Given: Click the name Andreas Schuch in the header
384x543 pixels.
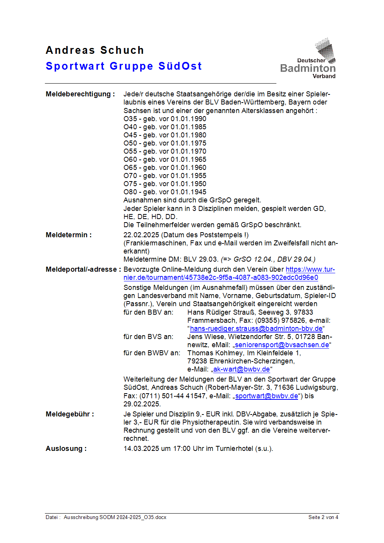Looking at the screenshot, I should (x=95, y=50).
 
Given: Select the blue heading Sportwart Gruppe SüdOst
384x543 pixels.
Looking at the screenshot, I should (x=123, y=66).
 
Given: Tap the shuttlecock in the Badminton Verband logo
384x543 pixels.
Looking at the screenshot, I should (x=326, y=49).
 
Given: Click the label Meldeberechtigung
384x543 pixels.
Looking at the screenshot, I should (x=80, y=94).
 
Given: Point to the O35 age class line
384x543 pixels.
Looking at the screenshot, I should (x=165, y=119).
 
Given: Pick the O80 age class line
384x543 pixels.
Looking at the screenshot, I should (x=165, y=192).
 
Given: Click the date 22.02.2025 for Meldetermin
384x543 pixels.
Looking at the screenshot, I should (x=141, y=235).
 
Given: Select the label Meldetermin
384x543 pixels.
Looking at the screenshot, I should (x=69, y=235).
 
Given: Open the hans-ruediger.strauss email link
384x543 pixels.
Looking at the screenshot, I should (x=256, y=329).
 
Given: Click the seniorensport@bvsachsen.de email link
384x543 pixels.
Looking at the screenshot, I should (x=282, y=345).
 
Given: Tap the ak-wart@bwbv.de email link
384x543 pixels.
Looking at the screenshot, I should (x=242, y=369).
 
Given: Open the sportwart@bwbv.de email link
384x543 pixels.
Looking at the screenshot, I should (x=267, y=396).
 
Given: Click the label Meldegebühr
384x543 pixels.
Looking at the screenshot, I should (x=70, y=414).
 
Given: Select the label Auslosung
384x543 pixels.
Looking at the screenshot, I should (x=66, y=449).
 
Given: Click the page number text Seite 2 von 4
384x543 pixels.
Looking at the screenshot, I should (x=323, y=517).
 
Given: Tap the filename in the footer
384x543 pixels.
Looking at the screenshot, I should (x=115, y=517).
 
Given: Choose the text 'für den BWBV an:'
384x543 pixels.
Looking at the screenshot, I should (x=152, y=353).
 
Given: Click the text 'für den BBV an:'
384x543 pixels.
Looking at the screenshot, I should (x=148, y=312).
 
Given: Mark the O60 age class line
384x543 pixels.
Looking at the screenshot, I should (x=165, y=159).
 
